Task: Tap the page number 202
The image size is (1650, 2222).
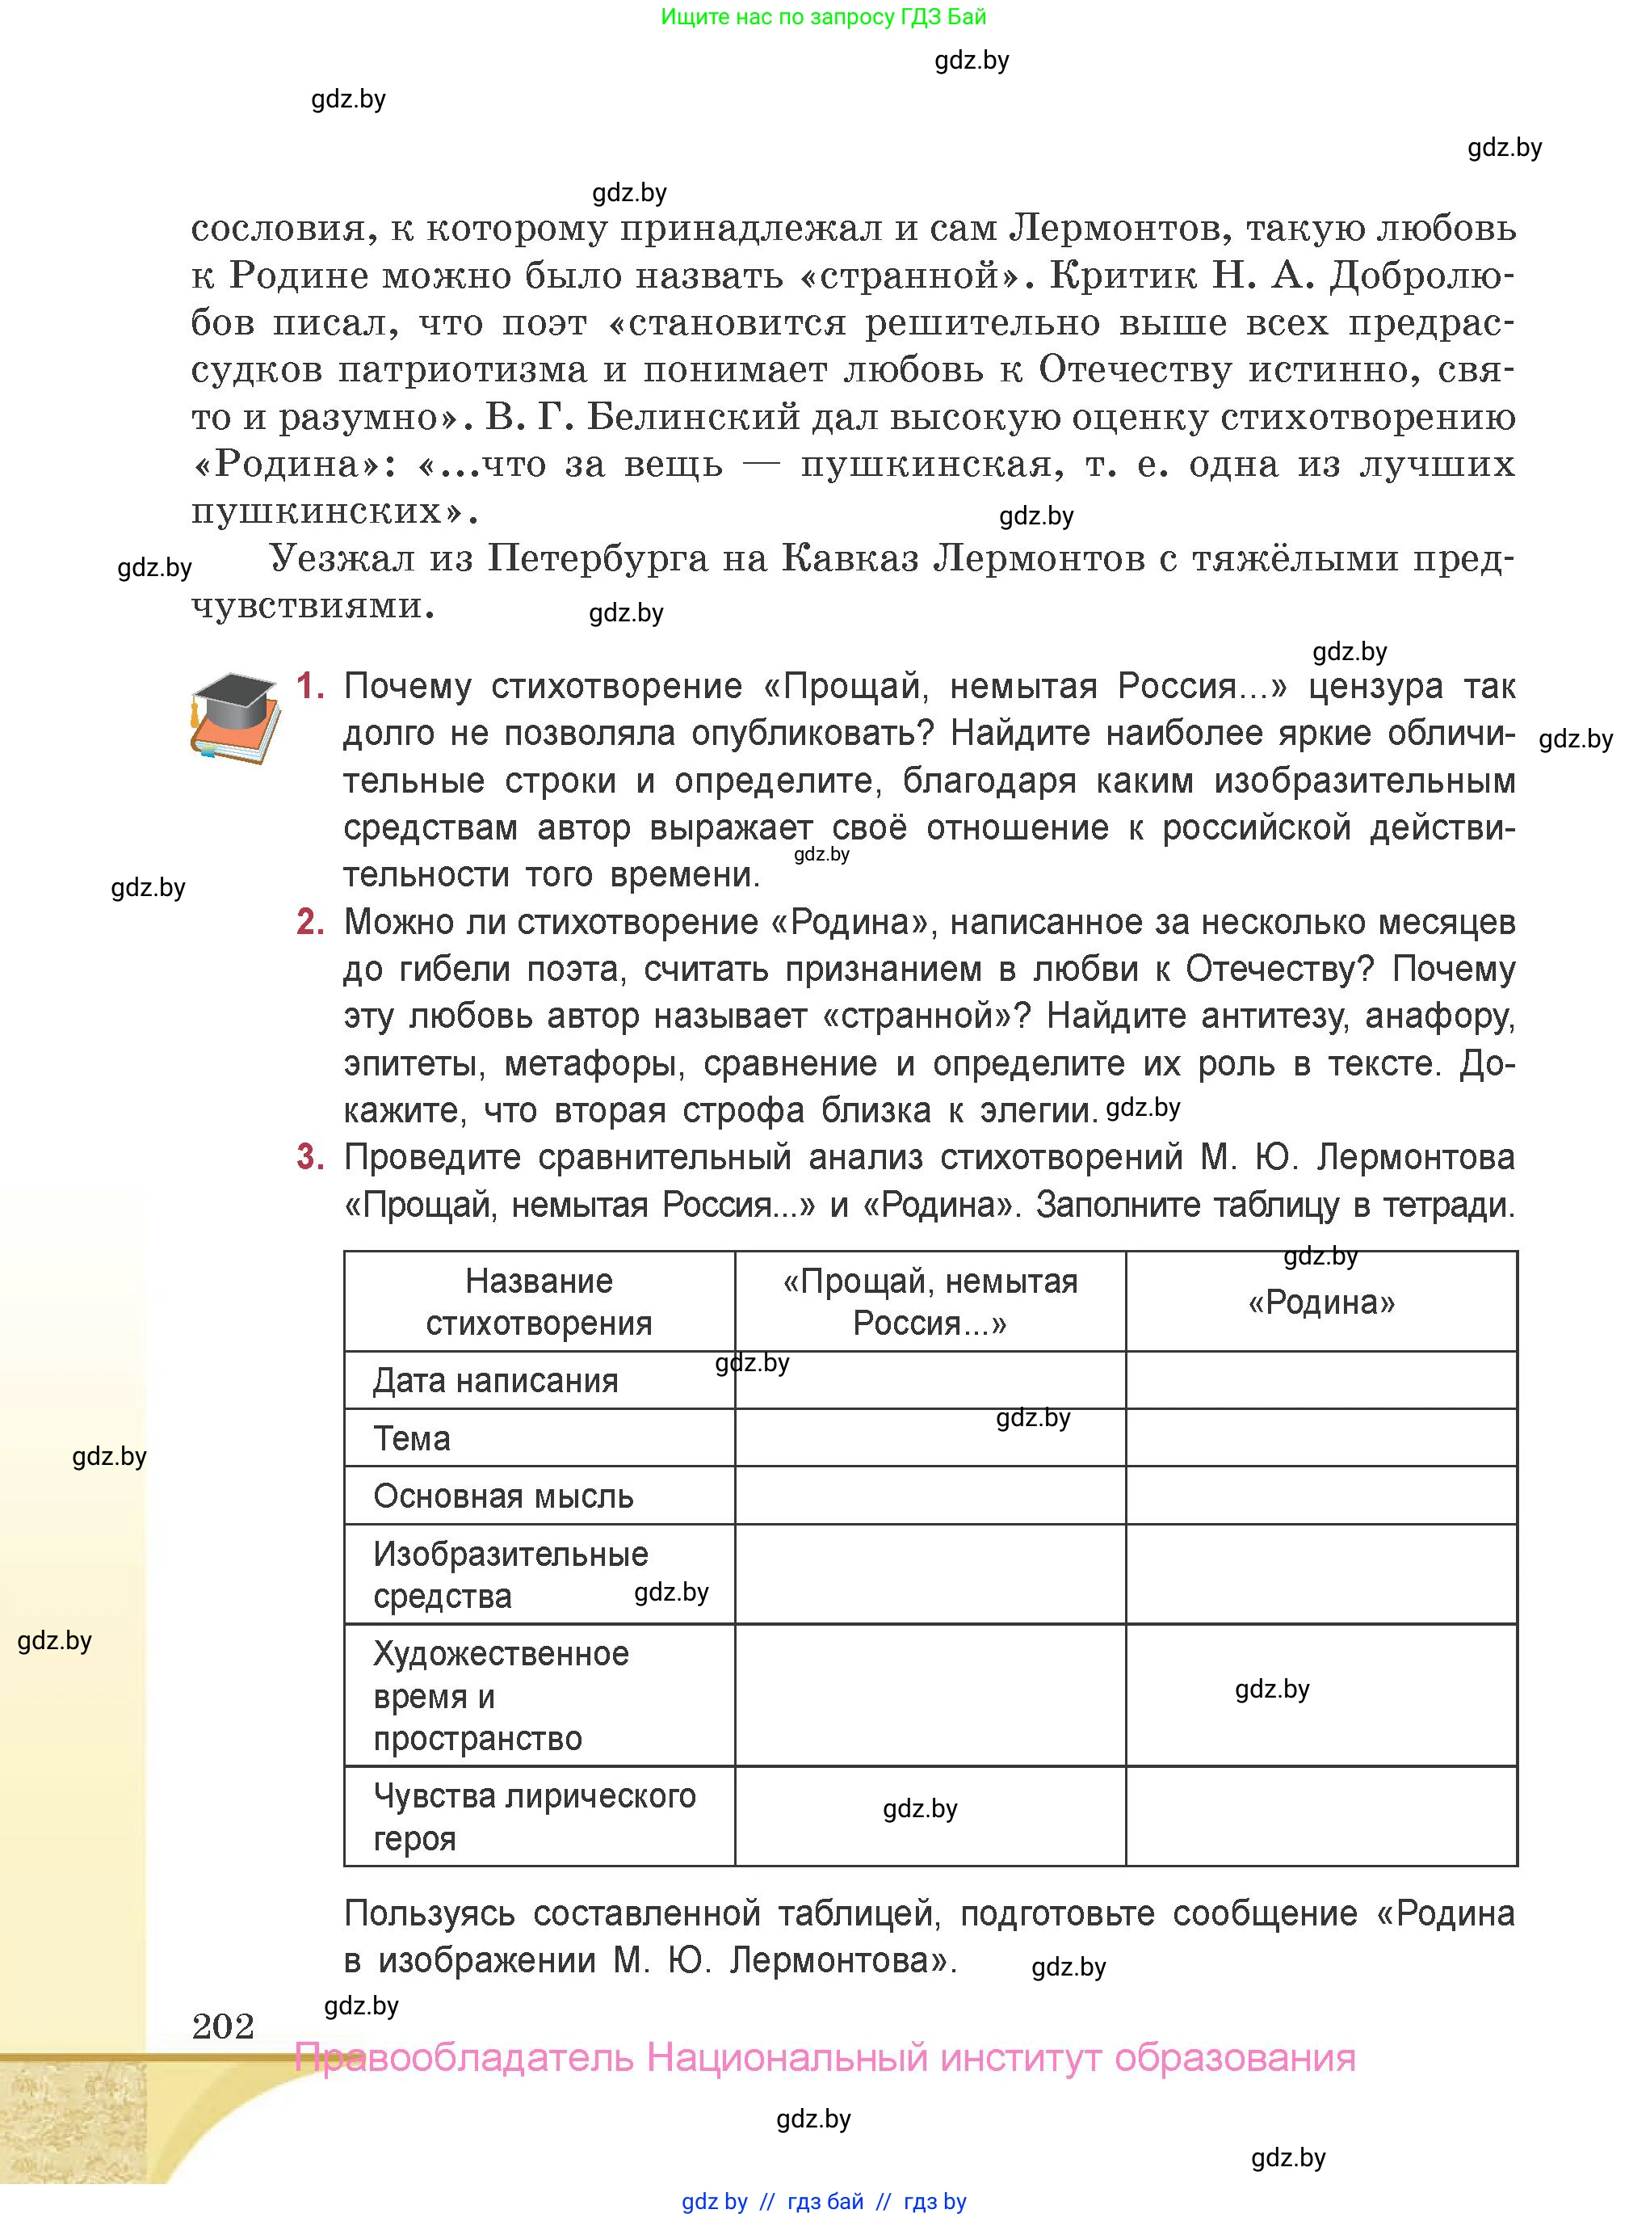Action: pyautogui.click(x=223, y=2026)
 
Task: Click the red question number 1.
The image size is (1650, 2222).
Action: pyautogui.click(x=311, y=686)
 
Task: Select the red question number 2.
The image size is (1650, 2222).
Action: pyautogui.click(x=311, y=921)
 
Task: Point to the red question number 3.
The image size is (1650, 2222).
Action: pyautogui.click(x=311, y=1157)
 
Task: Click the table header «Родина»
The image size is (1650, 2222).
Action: pyautogui.click(x=1321, y=1302)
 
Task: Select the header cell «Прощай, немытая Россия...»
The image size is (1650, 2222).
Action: pyautogui.click(x=930, y=1302)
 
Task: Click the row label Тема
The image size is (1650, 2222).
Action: pyautogui.click(x=412, y=1439)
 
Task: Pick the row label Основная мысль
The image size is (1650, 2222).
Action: pyautogui.click(x=503, y=1496)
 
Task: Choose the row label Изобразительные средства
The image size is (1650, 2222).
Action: pyautogui.click(x=510, y=1575)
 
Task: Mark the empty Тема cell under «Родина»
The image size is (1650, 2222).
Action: pyautogui.click(x=1321, y=1439)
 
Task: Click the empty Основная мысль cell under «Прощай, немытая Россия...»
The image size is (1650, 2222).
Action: pyautogui.click(x=930, y=1496)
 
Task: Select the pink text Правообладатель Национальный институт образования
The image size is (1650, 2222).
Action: pyautogui.click(x=825, y=2058)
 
